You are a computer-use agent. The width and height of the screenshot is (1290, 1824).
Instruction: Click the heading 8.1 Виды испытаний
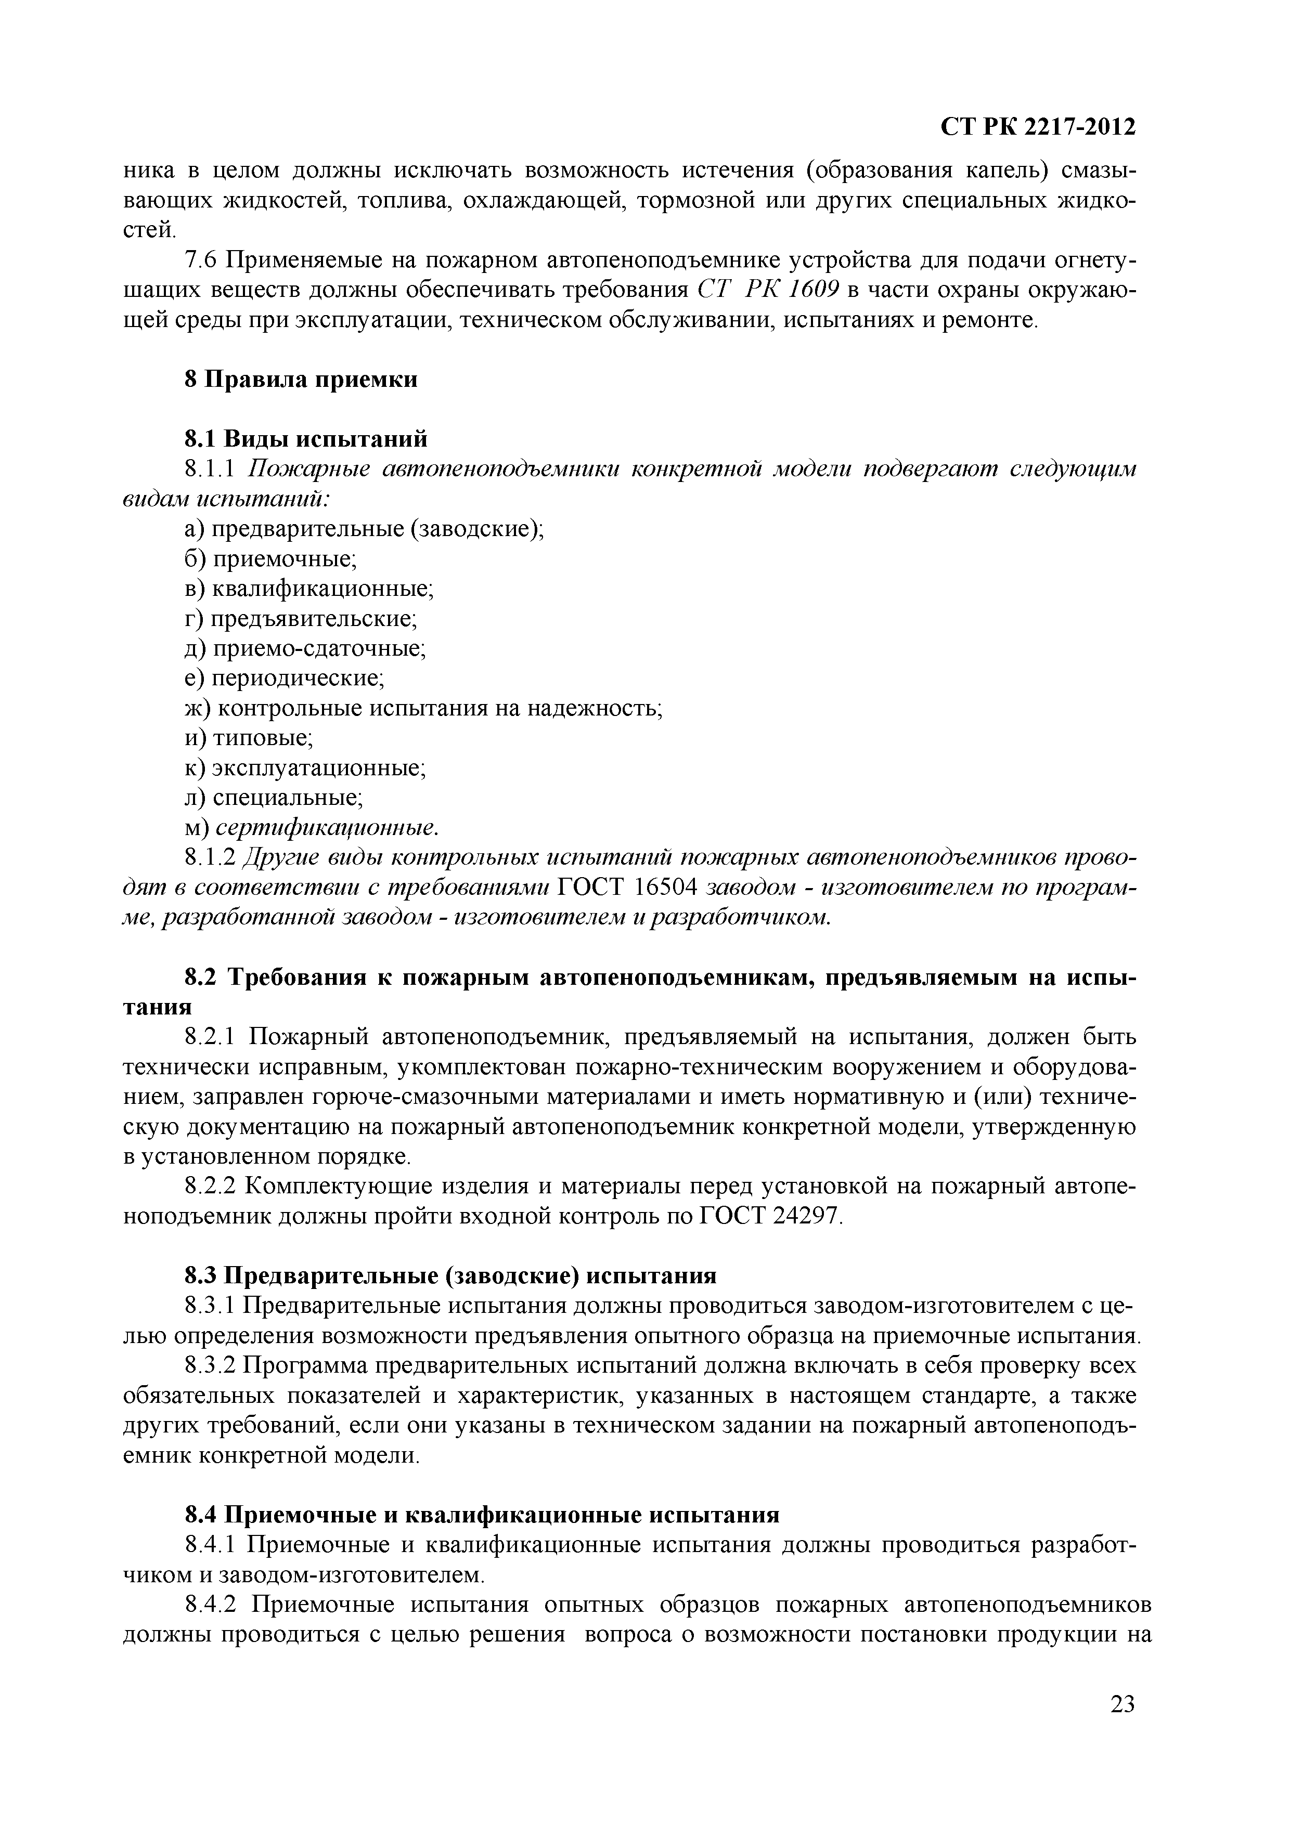coord(306,438)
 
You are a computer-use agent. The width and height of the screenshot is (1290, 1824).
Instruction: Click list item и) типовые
coord(249,738)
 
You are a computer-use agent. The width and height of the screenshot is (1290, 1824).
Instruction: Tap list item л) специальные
coord(274,798)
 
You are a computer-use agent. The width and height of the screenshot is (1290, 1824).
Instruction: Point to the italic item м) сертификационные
coord(311,828)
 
